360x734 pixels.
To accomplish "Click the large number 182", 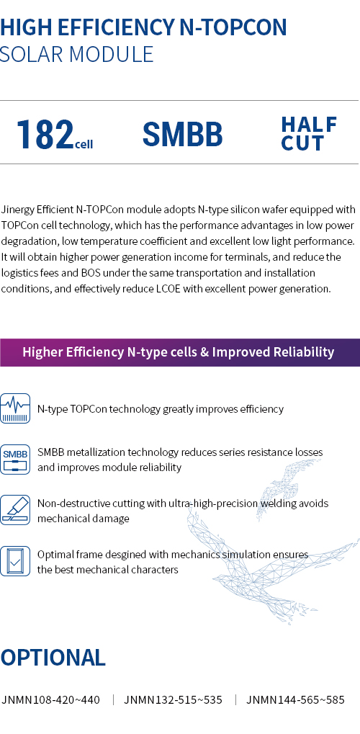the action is tap(45, 135).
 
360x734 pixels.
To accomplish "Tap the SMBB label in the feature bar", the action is tap(182, 134).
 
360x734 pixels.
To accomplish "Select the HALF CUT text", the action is tap(309, 134).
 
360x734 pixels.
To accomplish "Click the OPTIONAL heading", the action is tap(53, 657).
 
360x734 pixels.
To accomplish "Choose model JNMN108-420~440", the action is tap(50, 700).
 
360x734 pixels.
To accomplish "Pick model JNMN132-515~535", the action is tap(174, 700).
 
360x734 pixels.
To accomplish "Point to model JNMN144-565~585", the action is tap(295, 700).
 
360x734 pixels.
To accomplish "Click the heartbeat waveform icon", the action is tap(15, 408).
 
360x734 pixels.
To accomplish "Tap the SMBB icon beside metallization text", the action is tap(15, 460).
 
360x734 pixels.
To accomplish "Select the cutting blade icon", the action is tap(15, 510).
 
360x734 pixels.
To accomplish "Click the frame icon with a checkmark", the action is tap(15, 561).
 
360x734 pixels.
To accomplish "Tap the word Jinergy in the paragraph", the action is tap(17, 209).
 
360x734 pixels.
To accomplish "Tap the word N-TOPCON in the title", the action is tap(233, 27).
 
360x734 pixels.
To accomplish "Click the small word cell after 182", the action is tap(84, 143).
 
